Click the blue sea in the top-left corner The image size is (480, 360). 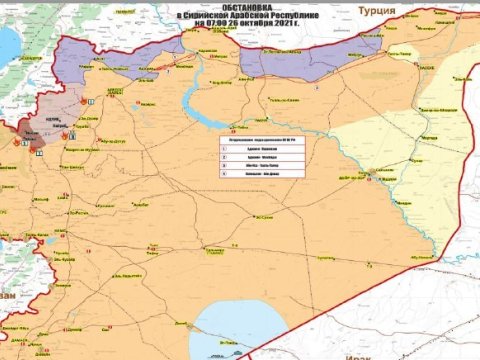point(8,45)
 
